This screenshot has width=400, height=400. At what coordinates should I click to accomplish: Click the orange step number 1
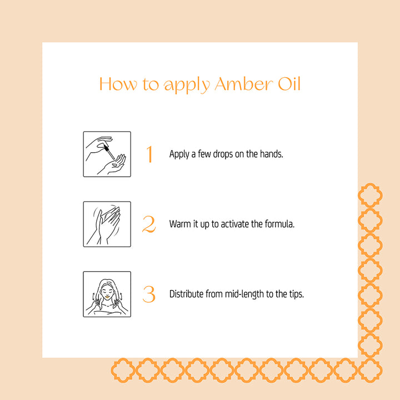[149, 154]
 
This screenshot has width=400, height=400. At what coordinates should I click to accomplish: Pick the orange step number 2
[149, 224]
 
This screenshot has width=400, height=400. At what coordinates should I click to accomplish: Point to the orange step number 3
[149, 294]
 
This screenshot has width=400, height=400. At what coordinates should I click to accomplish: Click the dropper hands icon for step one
[107, 154]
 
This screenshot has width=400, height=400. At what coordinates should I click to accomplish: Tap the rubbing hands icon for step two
[107, 224]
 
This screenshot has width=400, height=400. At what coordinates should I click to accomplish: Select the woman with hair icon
[107, 294]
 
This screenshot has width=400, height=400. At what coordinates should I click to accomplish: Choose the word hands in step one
[271, 154]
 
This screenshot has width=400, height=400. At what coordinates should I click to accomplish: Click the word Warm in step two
[179, 224]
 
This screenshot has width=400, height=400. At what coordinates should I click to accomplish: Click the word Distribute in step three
[187, 294]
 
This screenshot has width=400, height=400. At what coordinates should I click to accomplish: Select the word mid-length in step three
[245, 294]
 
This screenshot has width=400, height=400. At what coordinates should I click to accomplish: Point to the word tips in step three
[296, 294]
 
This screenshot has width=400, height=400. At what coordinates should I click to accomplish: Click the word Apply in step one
[179, 154]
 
